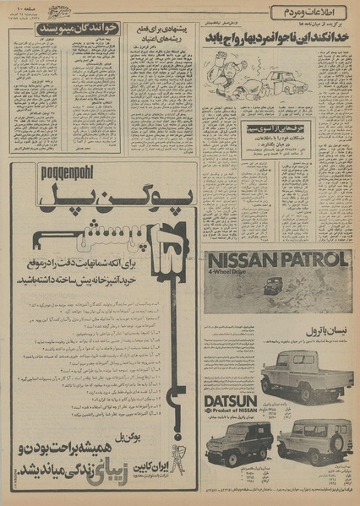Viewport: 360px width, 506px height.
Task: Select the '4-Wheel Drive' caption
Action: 237,275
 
